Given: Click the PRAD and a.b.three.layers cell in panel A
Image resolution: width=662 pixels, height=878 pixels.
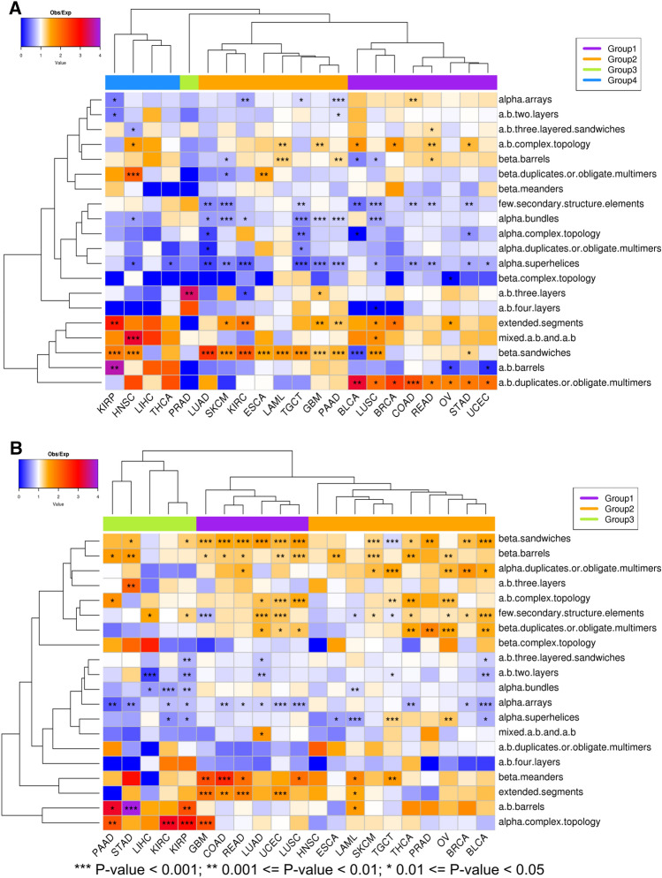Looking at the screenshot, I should (x=188, y=292).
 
